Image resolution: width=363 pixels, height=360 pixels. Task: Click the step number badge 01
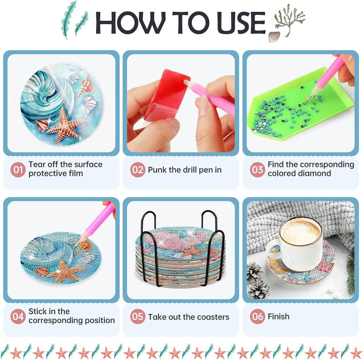click(18, 170)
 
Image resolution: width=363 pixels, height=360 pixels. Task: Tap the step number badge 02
click(137, 170)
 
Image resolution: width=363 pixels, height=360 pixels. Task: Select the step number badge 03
click(257, 170)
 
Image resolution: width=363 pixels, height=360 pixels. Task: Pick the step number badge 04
click(18, 316)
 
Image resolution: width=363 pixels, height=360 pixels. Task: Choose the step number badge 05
click(137, 316)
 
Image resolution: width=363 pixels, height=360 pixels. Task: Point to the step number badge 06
click(257, 316)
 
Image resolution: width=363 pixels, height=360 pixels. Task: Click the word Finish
click(279, 316)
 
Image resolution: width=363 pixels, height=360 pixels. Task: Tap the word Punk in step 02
click(157, 170)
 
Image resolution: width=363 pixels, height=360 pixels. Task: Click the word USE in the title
click(241, 22)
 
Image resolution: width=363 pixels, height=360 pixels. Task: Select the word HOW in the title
click(130, 22)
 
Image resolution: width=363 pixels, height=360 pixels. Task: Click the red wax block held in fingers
click(166, 95)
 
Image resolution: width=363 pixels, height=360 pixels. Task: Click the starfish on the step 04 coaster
click(65, 271)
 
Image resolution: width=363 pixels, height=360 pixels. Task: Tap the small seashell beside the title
click(274, 37)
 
